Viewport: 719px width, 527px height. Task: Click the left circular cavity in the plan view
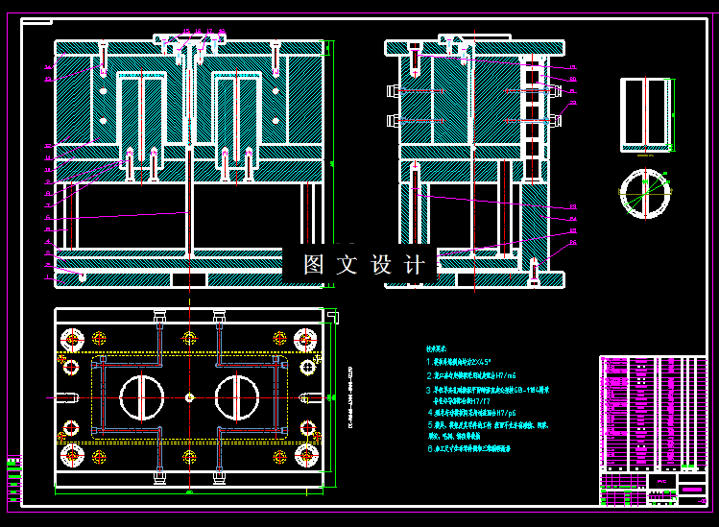(142, 397)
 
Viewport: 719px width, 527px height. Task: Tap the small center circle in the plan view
(190, 397)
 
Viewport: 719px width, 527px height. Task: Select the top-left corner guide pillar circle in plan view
(72, 338)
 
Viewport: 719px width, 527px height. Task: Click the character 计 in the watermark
(414, 265)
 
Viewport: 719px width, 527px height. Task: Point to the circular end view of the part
(646, 195)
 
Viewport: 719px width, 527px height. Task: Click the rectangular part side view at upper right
(646, 113)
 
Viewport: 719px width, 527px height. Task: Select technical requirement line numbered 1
(470, 362)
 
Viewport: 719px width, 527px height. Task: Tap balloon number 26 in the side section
(573, 66)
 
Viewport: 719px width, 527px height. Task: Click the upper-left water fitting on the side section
(393, 91)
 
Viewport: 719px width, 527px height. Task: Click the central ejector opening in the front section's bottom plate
(189, 279)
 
